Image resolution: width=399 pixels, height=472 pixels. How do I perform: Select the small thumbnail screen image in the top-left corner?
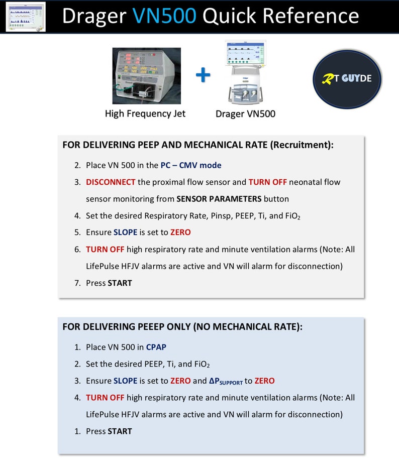(x=25, y=16)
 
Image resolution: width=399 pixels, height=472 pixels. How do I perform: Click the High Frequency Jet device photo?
(x=146, y=75)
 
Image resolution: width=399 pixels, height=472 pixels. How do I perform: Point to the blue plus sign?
(x=203, y=75)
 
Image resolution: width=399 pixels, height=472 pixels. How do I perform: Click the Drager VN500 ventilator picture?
(x=245, y=73)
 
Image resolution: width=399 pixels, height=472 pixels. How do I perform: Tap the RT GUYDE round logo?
(x=347, y=79)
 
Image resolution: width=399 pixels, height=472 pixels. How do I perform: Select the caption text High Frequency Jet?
(x=145, y=113)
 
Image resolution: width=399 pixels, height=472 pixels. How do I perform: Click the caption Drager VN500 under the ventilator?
(x=245, y=114)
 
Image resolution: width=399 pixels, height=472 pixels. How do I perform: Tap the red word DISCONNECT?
(x=111, y=182)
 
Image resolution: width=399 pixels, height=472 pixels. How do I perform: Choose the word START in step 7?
(x=120, y=283)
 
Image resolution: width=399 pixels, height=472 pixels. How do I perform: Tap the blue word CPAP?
(x=156, y=347)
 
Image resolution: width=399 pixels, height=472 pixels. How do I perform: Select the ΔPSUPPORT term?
(x=226, y=381)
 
